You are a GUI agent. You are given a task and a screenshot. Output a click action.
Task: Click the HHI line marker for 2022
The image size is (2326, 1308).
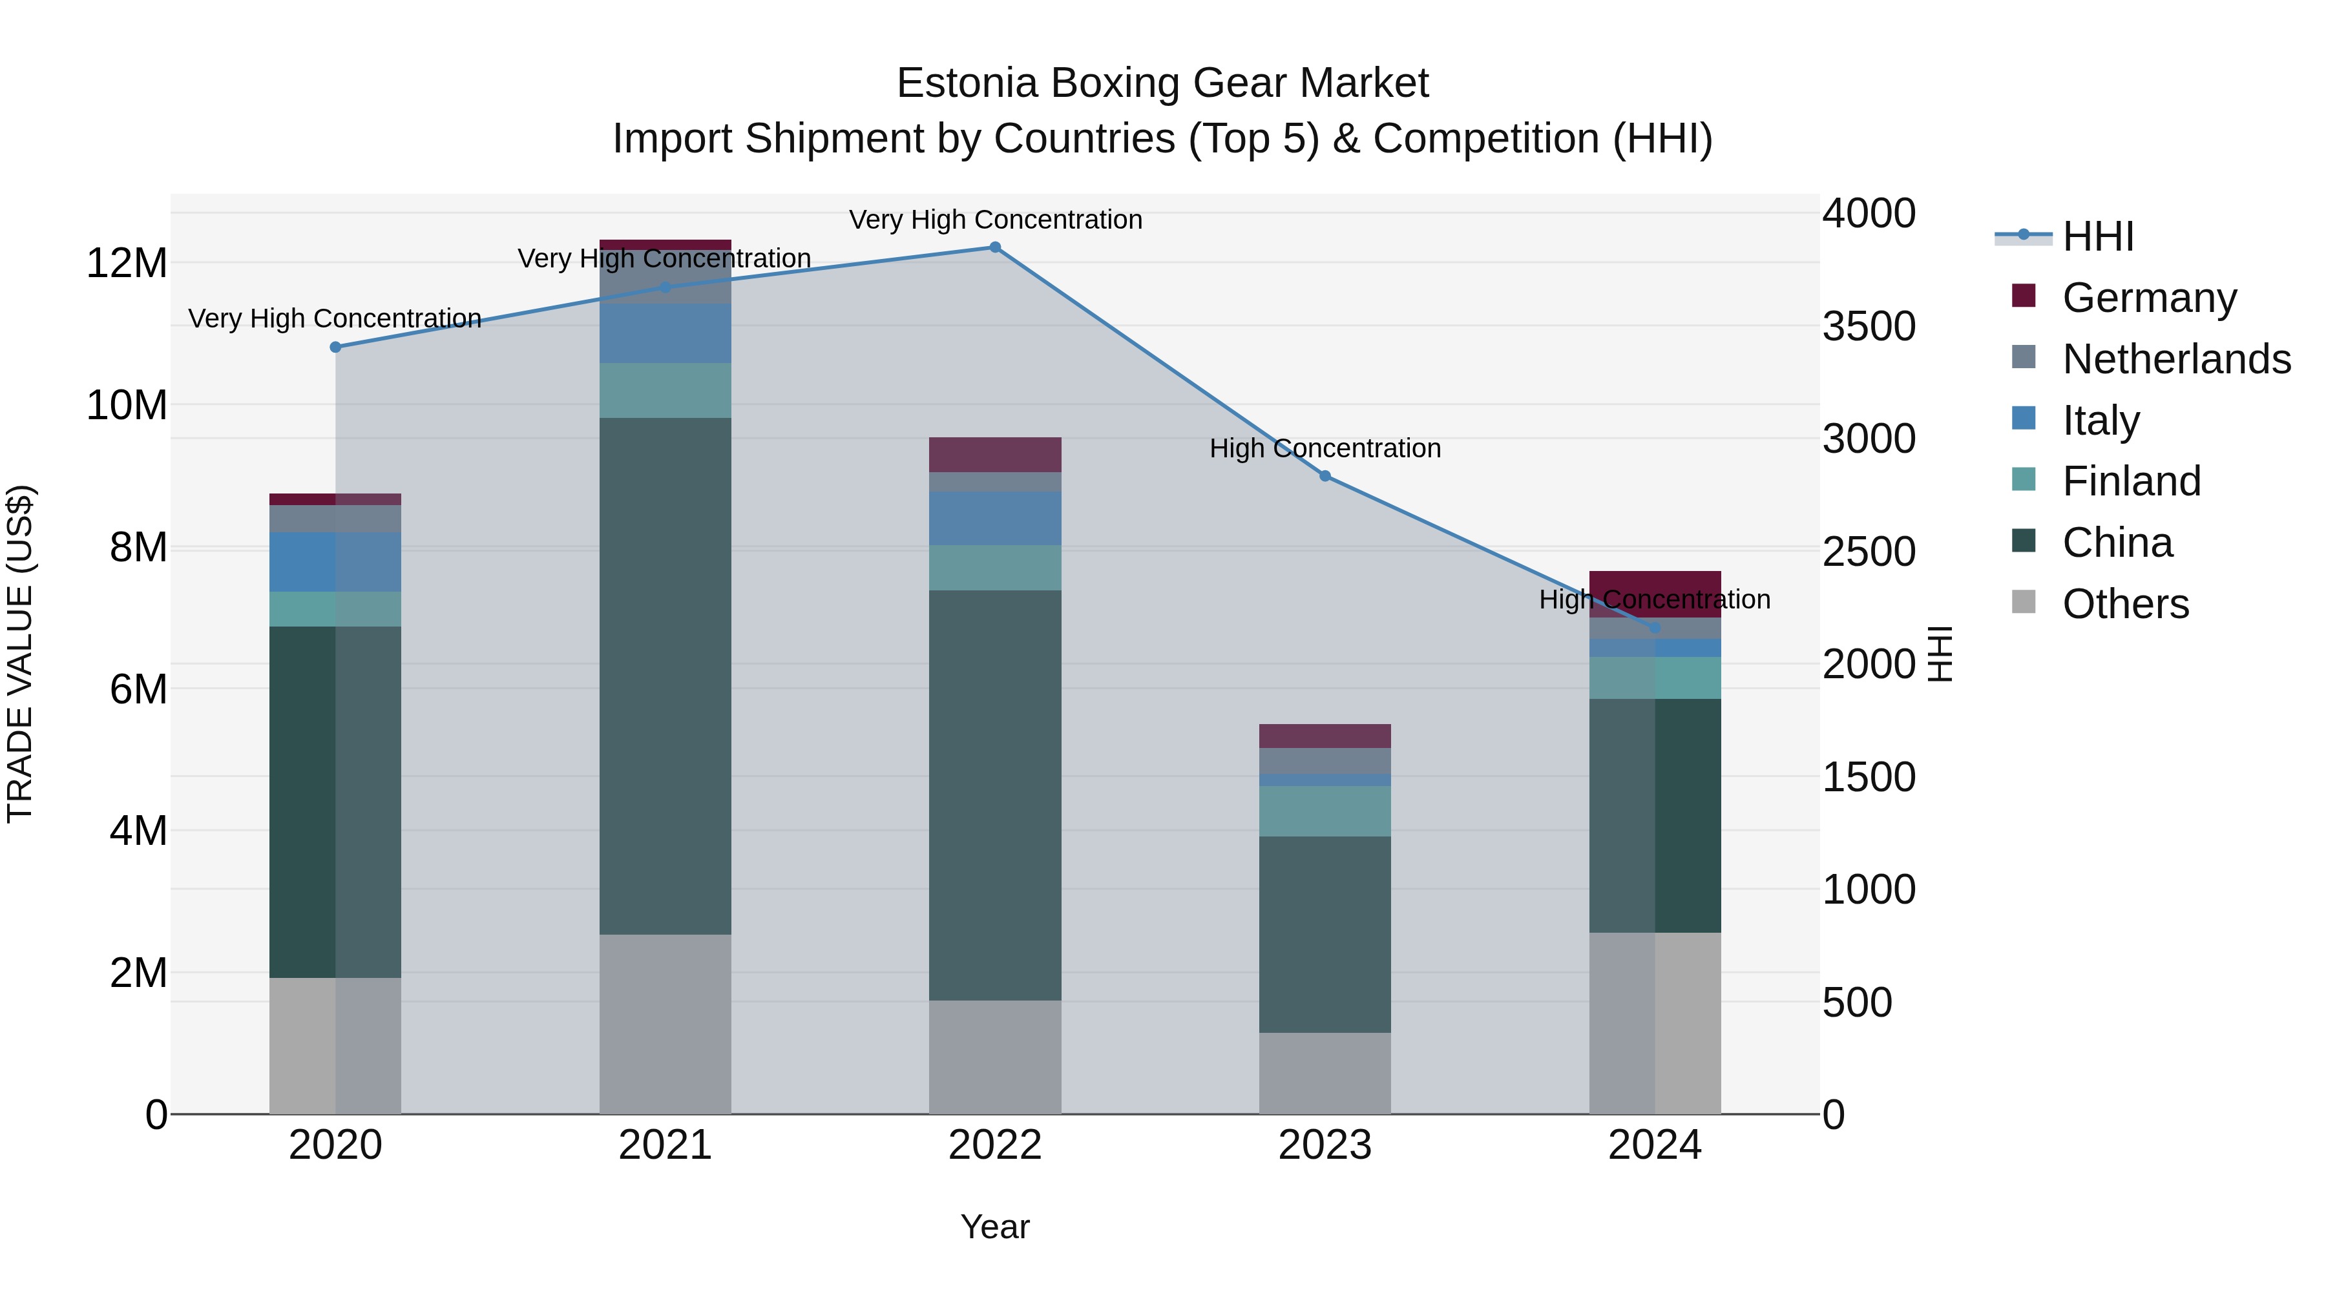[x=995, y=247]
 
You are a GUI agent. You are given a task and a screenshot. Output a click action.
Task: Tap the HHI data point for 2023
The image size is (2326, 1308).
[x=1325, y=475]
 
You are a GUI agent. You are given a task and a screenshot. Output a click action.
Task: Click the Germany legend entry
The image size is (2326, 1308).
[x=2149, y=298]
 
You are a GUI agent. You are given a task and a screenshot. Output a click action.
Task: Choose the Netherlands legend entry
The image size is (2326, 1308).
[x=2176, y=359]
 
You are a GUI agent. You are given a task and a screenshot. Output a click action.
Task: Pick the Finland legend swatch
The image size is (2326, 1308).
[x=2024, y=479]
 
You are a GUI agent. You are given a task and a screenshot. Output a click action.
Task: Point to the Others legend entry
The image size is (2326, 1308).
[x=2126, y=604]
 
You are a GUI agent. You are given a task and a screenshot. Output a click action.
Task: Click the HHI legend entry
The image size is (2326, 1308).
[x=2097, y=236]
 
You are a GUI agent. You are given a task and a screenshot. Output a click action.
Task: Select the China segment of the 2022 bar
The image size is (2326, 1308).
[x=995, y=794]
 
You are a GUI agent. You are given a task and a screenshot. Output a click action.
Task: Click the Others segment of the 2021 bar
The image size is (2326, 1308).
[x=665, y=1024]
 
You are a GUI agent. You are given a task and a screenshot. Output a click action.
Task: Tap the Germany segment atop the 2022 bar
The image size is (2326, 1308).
[x=995, y=455]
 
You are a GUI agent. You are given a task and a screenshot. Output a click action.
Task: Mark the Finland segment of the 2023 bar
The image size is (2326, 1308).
[x=1325, y=811]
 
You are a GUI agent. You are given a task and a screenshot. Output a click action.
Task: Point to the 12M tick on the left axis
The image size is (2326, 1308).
[x=127, y=264]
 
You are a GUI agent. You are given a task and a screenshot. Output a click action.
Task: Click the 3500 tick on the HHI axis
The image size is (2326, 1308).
[x=1868, y=326]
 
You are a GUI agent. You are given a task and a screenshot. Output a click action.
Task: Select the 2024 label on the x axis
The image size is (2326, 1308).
[x=1654, y=1145]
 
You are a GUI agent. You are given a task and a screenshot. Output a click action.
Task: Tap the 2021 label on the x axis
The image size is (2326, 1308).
[x=665, y=1145]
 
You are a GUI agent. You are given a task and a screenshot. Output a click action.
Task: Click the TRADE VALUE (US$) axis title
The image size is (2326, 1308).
[x=20, y=654]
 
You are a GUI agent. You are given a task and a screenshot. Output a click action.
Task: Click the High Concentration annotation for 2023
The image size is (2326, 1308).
[x=1325, y=449]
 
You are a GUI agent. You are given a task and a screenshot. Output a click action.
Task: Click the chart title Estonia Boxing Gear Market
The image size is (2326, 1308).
[x=1162, y=83]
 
